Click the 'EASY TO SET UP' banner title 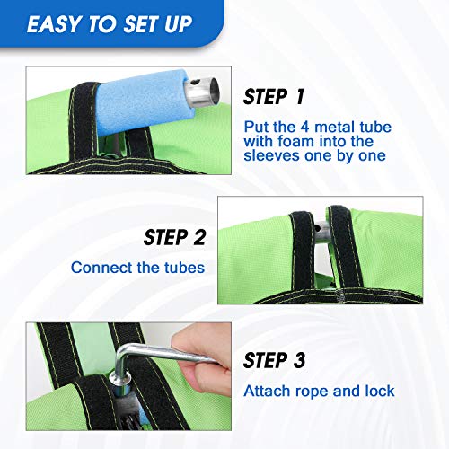point(110,24)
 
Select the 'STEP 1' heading point(274,97)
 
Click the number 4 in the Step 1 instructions point(304,127)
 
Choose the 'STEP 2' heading point(174,237)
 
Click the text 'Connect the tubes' point(138,268)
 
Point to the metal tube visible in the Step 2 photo point(321,234)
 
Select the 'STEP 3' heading point(274,360)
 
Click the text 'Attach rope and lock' point(319,391)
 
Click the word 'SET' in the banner point(140,24)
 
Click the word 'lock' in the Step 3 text point(380,391)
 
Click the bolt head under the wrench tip point(120,379)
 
